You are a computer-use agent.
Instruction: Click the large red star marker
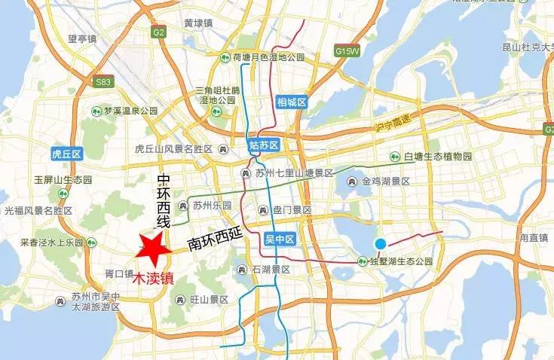point(154,249)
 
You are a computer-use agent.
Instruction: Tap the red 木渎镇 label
point(153,277)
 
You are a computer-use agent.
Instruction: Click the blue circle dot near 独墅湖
point(381,243)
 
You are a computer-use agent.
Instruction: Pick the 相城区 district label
point(292,102)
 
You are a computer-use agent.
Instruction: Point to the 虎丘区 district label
point(66,154)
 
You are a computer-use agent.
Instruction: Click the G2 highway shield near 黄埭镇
point(158,33)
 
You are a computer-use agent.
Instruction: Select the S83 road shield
point(102,81)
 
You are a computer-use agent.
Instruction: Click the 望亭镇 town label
point(83,39)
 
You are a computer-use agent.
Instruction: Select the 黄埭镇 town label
point(199,23)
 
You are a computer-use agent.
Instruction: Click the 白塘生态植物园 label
point(437,156)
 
